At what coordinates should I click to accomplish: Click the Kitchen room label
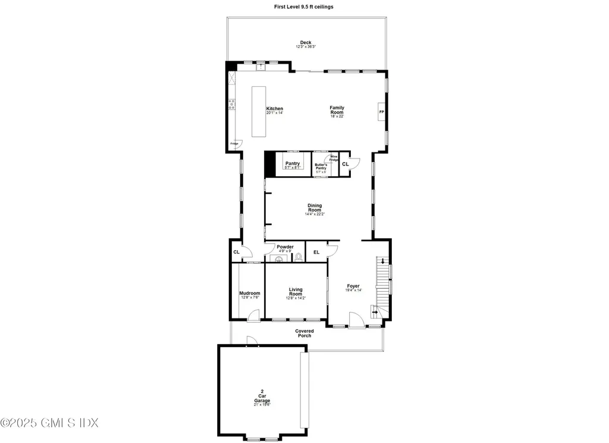(274, 108)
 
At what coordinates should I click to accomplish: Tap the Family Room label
(337, 110)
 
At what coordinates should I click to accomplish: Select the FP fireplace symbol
(382, 112)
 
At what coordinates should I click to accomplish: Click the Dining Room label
(315, 208)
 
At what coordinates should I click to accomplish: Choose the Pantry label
(292, 163)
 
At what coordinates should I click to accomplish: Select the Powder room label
(285, 247)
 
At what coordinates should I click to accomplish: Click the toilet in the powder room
(299, 257)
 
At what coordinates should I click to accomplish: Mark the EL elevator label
(316, 252)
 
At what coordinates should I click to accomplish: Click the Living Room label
(296, 292)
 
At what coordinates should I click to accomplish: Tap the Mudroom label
(250, 293)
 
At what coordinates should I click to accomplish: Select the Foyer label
(353, 286)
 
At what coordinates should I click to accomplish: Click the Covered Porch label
(304, 333)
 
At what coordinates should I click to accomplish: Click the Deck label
(306, 43)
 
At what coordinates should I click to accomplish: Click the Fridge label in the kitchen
(234, 143)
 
